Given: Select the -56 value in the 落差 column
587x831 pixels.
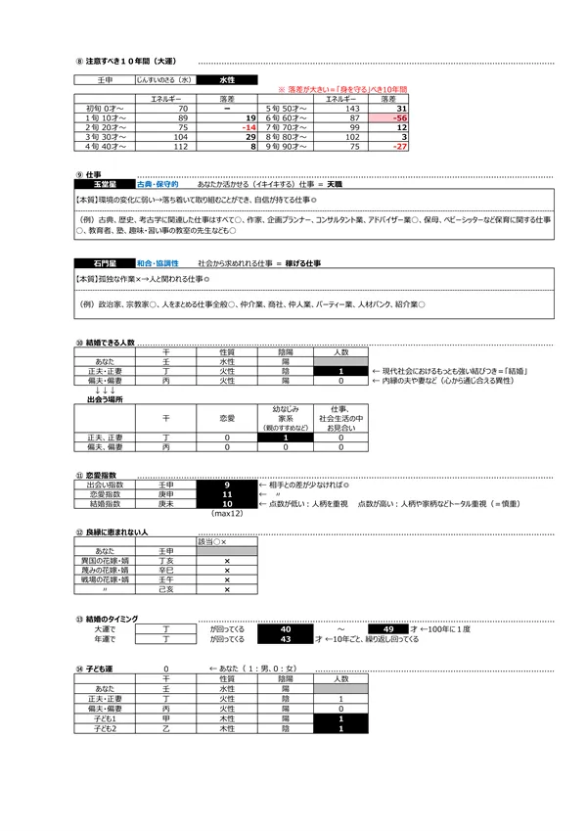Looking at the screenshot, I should [x=390, y=116].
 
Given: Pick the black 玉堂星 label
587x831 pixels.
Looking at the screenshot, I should [x=101, y=183].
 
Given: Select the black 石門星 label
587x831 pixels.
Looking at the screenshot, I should [x=101, y=264].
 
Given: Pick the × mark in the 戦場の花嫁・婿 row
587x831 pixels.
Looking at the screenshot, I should [x=227, y=579].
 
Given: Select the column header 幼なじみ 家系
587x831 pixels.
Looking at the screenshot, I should [x=285, y=414].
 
